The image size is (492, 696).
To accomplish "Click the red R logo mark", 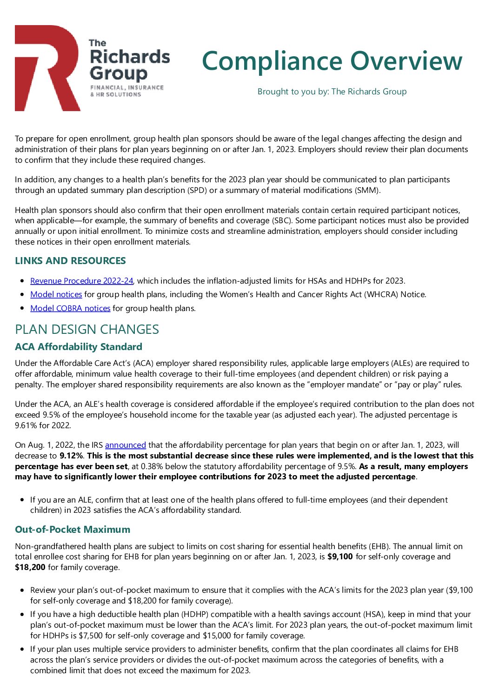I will click(47, 67).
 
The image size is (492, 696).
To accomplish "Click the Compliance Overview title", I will click(332, 61).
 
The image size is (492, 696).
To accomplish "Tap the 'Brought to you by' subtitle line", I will click(332, 92).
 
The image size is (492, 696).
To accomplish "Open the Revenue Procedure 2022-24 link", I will click(82, 281).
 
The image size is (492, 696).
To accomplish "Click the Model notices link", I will click(56, 294).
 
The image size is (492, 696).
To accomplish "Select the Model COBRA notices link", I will click(70, 308).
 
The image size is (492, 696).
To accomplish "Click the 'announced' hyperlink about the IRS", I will click(126, 445).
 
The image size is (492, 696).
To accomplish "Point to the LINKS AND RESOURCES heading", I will click(70, 261).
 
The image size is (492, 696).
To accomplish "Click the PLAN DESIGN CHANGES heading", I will click(87, 330).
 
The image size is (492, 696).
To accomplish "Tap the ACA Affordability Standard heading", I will click(79, 347).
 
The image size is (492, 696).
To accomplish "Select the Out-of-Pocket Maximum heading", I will click(73, 530).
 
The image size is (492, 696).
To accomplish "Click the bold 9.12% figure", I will click(71, 456).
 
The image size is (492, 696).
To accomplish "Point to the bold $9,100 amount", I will click(340, 557).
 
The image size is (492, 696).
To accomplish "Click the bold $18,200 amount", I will click(30, 567).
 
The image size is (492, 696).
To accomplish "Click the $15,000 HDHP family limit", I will click(217, 636).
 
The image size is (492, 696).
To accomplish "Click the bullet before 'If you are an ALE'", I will click(22, 500).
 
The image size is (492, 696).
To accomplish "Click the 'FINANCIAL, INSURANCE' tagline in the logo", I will click(127, 87).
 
